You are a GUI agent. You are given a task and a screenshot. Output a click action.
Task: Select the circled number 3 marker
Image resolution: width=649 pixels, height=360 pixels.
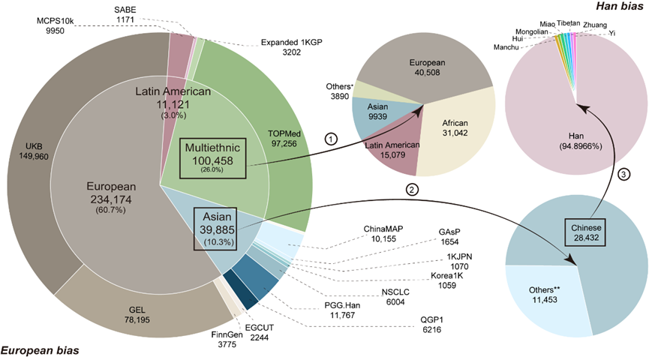[623, 174]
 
